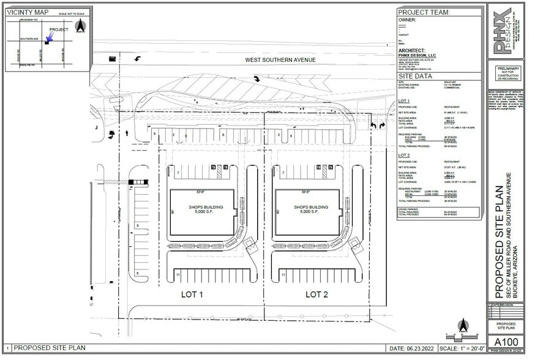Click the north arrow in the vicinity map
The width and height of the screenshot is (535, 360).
pos(80,26)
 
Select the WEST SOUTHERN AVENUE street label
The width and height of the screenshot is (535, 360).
pos(280,60)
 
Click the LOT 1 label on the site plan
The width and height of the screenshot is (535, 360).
pos(192,294)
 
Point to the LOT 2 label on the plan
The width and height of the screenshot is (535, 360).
pos(317,294)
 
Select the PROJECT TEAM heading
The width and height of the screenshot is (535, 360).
pos(424,12)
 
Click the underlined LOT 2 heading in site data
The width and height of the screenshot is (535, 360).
pos(403,156)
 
